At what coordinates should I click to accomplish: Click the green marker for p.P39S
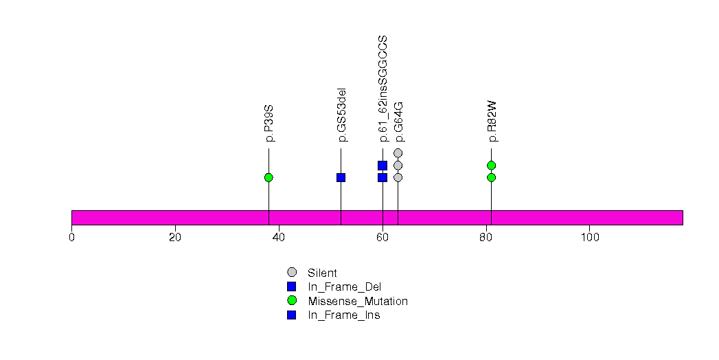click(x=269, y=177)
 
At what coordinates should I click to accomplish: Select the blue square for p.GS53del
click(x=341, y=177)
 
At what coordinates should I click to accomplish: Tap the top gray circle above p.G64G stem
click(x=398, y=153)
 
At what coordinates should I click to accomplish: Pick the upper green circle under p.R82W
click(x=491, y=165)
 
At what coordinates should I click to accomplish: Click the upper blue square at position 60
click(x=383, y=165)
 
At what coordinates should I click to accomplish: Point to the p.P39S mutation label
click(x=270, y=124)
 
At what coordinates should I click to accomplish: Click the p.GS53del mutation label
click(x=341, y=115)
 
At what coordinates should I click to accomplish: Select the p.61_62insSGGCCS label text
click(x=383, y=89)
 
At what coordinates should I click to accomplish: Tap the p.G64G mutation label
click(x=399, y=122)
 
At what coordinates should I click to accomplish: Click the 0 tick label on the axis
click(x=71, y=238)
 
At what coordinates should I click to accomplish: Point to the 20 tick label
click(x=175, y=238)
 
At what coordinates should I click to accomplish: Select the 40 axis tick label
click(x=279, y=238)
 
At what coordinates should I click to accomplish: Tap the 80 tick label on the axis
click(x=486, y=238)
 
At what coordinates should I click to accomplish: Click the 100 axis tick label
click(x=590, y=238)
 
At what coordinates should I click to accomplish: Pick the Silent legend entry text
click(x=322, y=273)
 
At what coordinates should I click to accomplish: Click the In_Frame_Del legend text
click(x=344, y=287)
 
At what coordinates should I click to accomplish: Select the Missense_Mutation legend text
click(x=358, y=301)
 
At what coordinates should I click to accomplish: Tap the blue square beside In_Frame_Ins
click(x=292, y=315)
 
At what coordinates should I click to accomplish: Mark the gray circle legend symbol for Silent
click(x=292, y=273)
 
